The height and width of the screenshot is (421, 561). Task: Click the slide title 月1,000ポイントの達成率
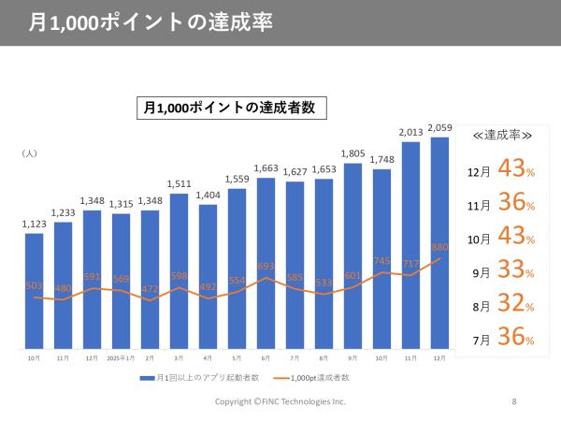(151, 22)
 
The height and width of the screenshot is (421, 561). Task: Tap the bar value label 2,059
(440, 128)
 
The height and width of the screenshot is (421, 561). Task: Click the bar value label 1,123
(34, 224)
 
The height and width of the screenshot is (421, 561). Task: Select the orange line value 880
(440, 248)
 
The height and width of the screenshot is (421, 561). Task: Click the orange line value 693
(266, 267)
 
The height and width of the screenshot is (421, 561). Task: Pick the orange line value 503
(34, 285)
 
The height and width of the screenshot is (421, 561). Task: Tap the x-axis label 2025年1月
(122, 356)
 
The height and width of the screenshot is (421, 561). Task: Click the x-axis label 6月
(266, 356)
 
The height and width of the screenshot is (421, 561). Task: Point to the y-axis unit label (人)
(29, 152)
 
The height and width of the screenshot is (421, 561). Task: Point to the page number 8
(514, 401)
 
